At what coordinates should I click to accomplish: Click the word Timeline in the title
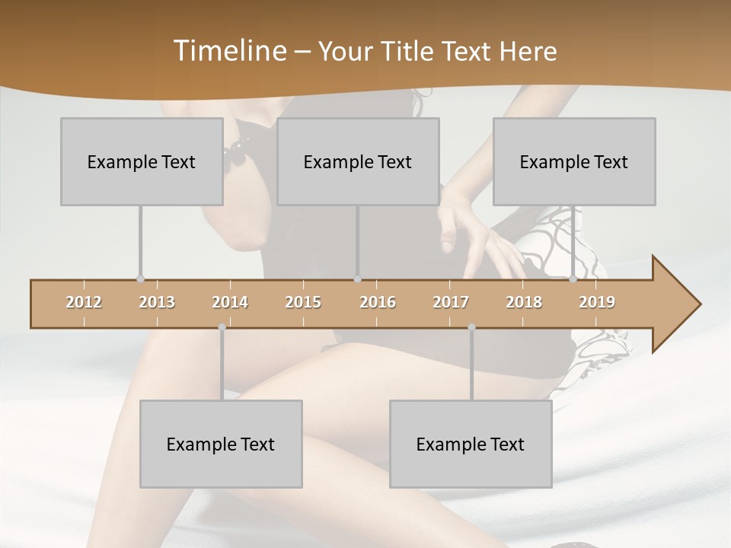coord(229,50)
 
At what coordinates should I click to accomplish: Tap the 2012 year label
coord(84,302)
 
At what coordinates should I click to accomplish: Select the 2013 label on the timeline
coord(157,302)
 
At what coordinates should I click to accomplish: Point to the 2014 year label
coord(230,302)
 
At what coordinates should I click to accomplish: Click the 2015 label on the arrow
coord(303,302)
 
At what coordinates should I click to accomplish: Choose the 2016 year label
coord(378,302)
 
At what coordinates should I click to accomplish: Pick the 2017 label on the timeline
coord(451,302)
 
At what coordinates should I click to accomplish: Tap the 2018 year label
coord(524,302)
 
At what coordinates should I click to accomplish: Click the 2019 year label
coord(597,302)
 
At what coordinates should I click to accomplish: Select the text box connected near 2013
coord(142,161)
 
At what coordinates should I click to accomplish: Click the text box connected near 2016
coord(358,161)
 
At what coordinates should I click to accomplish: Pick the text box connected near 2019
coord(574,161)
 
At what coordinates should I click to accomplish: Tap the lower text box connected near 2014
coord(221,444)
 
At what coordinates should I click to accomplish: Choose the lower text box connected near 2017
coord(471,444)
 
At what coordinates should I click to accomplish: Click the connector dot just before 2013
coord(140,279)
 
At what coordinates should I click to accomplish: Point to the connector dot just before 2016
coord(358,279)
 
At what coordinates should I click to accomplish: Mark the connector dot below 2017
coord(471,327)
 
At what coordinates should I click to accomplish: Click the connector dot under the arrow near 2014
coord(222,327)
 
